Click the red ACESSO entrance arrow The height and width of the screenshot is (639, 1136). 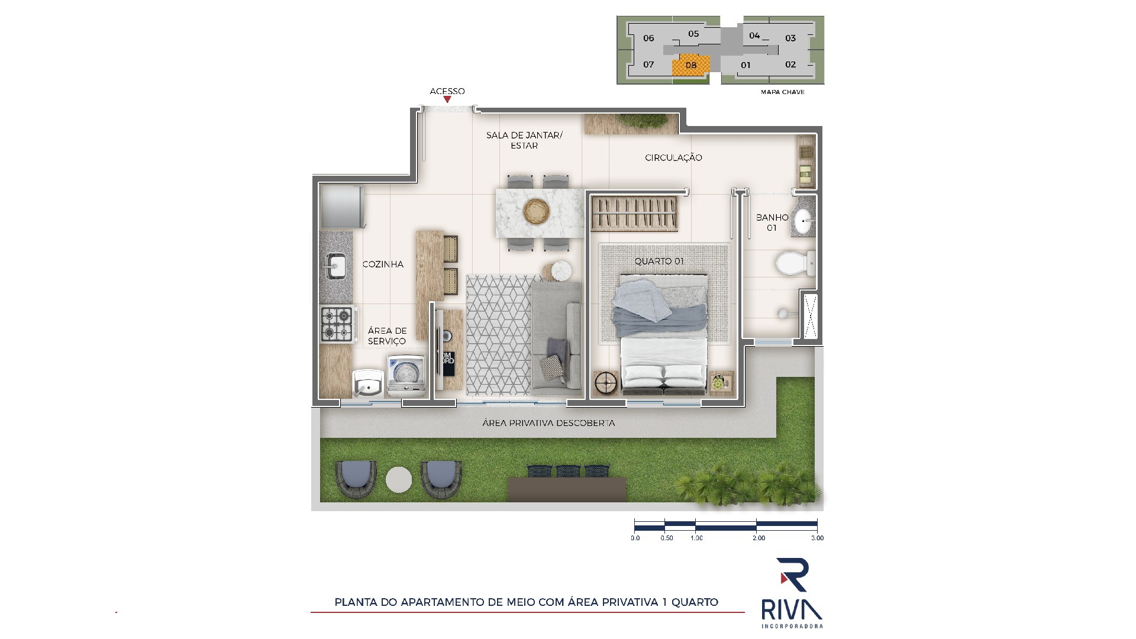pos(447,99)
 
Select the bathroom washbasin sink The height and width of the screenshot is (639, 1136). pos(803,222)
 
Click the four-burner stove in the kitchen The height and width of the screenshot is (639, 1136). pos(336,324)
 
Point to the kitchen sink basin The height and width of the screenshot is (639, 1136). pos(336,265)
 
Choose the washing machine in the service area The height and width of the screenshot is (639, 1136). pos(406,376)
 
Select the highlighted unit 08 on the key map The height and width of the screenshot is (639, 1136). pos(691,65)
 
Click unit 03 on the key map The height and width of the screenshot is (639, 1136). pos(790,38)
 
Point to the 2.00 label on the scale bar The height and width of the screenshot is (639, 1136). pos(759,538)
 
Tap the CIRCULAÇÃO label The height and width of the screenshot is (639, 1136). pos(673,158)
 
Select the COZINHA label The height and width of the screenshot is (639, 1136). pos(383,264)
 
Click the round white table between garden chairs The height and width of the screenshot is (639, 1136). pos(399,480)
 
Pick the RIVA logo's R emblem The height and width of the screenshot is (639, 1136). pos(793,575)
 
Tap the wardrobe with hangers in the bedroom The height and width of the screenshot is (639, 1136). pos(634,214)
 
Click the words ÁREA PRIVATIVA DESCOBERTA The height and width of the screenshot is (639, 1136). pos(548,423)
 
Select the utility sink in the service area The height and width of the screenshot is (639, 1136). pos(369,384)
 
